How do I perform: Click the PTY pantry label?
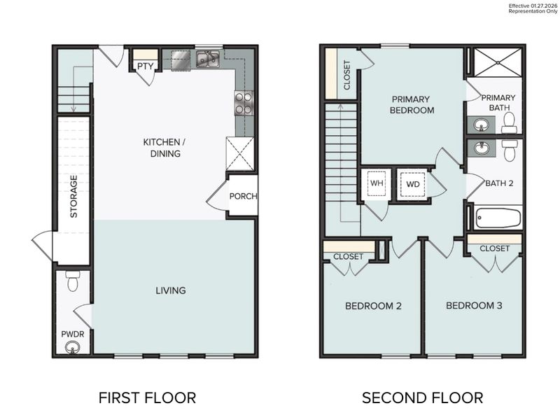(x=146, y=66)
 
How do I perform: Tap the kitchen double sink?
(x=208, y=59)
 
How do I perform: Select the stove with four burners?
(x=244, y=104)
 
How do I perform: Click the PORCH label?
(x=243, y=196)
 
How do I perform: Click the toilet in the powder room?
(x=71, y=282)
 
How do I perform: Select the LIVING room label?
(x=171, y=290)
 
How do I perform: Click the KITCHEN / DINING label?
(x=162, y=148)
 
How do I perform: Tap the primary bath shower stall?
(x=494, y=62)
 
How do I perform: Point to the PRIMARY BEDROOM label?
(x=412, y=104)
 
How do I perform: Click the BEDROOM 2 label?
(x=373, y=306)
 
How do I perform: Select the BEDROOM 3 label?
(x=474, y=306)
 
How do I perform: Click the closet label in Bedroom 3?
(x=494, y=248)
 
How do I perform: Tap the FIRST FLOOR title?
(x=147, y=398)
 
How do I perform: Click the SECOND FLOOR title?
(x=421, y=398)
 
